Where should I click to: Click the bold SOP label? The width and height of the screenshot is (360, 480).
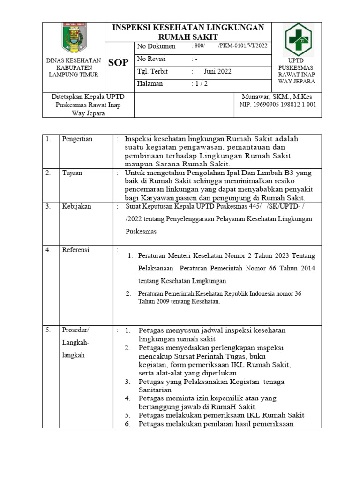coord(118,62)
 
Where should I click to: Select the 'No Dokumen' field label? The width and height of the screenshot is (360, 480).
coord(156,46)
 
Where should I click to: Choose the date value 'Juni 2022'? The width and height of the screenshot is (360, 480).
coord(217,72)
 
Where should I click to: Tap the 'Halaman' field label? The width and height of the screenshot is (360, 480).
coord(150,84)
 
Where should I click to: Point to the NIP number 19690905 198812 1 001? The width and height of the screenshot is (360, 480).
coord(277,105)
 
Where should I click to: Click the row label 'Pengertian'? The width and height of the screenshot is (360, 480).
coord(77,139)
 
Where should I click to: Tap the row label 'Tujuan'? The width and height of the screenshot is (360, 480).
coord(72,173)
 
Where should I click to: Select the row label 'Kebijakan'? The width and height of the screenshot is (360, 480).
coord(76,206)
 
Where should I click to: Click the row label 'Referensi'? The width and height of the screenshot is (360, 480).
coord(76,249)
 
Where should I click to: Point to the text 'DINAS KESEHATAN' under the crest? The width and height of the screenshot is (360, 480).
coord(73,60)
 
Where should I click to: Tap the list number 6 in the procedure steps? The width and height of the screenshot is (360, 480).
coord(127,424)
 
